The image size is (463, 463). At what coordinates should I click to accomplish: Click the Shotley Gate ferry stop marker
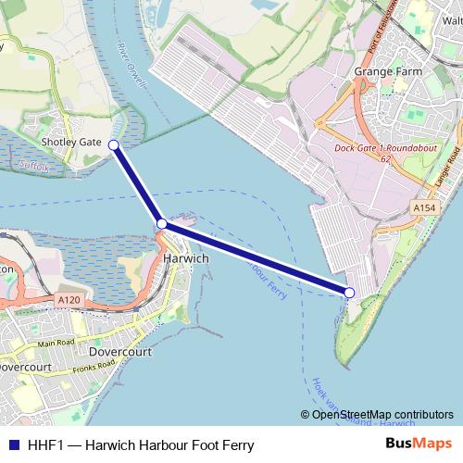tap(113, 145)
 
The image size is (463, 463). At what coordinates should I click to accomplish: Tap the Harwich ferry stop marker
tap(162, 224)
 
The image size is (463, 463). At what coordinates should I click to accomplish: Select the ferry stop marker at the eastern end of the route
tap(349, 293)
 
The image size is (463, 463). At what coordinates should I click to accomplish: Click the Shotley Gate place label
tap(69, 142)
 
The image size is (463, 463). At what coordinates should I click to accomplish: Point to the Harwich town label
tap(185, 258)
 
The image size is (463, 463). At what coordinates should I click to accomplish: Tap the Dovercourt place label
tap(120, 352)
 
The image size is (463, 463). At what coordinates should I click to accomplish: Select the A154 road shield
tap(424, 207)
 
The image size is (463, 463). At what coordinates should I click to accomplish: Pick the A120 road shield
tap(68, 300)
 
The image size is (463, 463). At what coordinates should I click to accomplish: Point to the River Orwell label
tap(132, 65)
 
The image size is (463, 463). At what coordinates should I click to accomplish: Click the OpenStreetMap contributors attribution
tap(377, 415)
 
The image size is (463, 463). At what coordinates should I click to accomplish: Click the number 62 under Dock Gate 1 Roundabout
tap(384, 159)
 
